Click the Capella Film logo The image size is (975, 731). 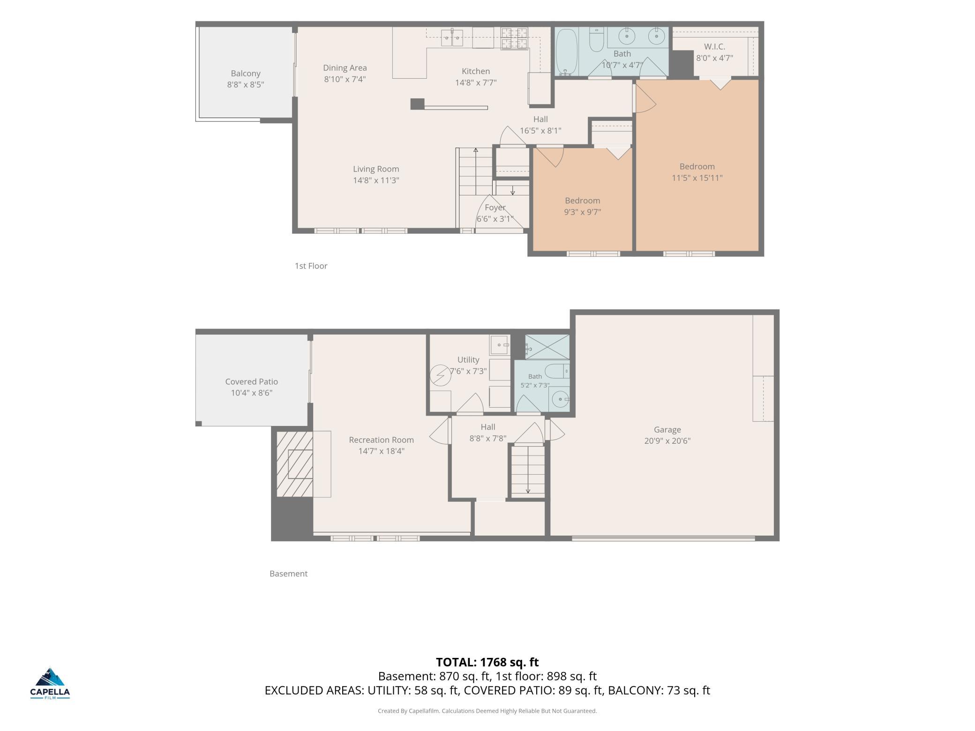tap(50, 683)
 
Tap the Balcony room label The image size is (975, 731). tap(246, 74)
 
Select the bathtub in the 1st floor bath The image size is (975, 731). tap(566, 52)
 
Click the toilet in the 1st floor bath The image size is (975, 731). tap(596, 40)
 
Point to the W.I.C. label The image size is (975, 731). tap(714, 47)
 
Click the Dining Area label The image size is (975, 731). tap(345, 68)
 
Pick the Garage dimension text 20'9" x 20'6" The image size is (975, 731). tap(667, 441)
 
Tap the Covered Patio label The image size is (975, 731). tap(252, 382)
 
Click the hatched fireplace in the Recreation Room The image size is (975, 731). tap(295, 464)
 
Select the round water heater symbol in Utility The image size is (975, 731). tap(441, 375)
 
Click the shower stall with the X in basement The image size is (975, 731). tap(547, 347)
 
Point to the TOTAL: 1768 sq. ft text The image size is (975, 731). tap(487, 662)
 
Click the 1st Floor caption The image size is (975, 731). tap(311, 266)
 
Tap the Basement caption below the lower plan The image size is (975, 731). tap(288, 574)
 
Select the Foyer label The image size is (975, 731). tap(495, 208)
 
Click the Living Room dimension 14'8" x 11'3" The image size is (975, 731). tap(376, 180)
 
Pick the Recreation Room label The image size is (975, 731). tap(382, 440)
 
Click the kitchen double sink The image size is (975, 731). tap(452, 38)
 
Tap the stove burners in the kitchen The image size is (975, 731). tap(514, 38)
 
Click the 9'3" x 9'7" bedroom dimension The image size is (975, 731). tap(582, 212)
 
